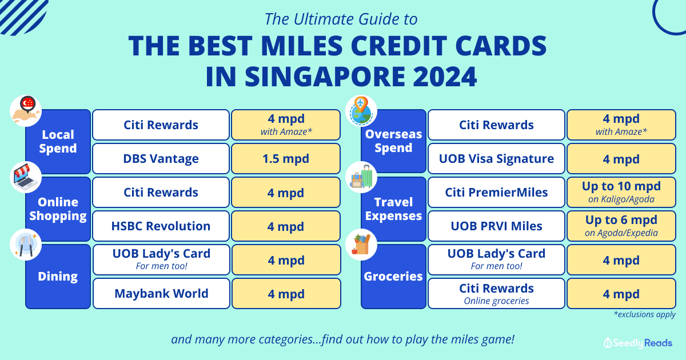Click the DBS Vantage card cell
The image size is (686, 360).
pyautogui.click(x=161, y=159)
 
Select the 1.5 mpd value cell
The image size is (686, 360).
pyautogui.click(x=286, y=159)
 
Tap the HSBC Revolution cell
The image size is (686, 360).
pyautogui.click(x=161, y=226)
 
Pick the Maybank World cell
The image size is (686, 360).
pyautogui.click(x=161, y=293)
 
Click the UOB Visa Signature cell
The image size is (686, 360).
pyautogui.click(x=496, y=159)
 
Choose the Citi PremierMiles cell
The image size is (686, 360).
pyautogui.click(x=496, y=192)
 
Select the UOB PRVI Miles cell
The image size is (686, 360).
pyautogui.click(x=496, y=226)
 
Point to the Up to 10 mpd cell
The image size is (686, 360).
pyautogui.click(x=621, y=192)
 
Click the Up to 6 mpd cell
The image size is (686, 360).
pyautogui.click(x=621, y=226)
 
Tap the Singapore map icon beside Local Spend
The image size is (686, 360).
pyautogui.click(x=26, y=111)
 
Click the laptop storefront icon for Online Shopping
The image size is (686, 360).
pyautogui.click(x=26, y=177)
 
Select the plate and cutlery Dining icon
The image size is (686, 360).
pyautogui.click(x=26, y=245)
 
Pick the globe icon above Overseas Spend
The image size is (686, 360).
pyautogui.click(x=361, y=111)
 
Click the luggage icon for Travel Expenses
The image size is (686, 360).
pyautogui.click(x=361, y=177)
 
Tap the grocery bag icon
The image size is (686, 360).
pyautogui.click(x=361, y=245)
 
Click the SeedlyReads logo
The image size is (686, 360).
pyautogui.click(x=638, y=343)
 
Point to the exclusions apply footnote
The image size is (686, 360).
pyautogui.click(x=645, y=314)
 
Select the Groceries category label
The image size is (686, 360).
pyautogui.click(x=393, y=277)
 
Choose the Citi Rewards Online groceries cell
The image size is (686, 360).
pyautogui.click(x=496, y=293)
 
